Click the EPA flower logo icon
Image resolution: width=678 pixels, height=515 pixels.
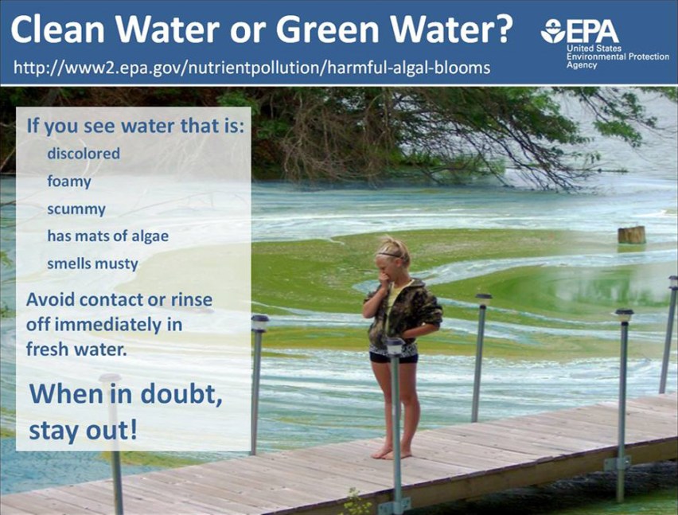point(552,31)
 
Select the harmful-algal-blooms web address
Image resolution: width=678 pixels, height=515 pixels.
point(252,68)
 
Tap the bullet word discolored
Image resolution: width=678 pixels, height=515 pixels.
point(84,154)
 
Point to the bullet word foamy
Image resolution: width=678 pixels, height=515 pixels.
point(69,181)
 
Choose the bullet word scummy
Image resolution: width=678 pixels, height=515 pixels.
point(76,209)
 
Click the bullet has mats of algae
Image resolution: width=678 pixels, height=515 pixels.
point(108,236)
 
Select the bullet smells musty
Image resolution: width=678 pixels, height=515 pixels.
point(92,263)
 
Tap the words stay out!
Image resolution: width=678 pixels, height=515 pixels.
point(83,431)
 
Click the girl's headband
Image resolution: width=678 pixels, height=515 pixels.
point(392,255)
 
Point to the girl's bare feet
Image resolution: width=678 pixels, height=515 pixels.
point(392,452)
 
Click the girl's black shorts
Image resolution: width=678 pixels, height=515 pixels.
point(393,357)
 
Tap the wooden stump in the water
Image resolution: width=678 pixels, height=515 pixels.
point(632,235)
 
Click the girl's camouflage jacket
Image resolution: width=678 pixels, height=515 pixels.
point(402,314)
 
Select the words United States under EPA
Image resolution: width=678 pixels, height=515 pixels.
point(594,49)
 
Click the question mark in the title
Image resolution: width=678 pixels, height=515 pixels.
point(501,29)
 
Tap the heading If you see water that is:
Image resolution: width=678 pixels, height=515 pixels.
point(135,126)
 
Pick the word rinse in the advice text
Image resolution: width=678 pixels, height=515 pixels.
point(192,299)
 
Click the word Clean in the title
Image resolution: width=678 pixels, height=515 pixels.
point(57,29)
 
